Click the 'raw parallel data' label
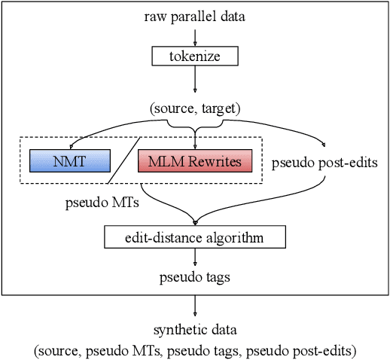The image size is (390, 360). click(x=195, y=17)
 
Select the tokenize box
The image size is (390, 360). click(x=195, y=56)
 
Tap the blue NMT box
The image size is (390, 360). click(x=69, y=160)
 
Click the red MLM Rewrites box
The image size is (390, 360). click(x=195, y=160)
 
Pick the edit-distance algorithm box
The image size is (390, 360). click(x=195, y=239)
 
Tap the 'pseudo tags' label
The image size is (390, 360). click(x=195, y=276)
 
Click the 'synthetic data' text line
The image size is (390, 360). click(x=195, y=330)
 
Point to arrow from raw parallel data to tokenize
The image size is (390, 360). click(x=195, y=36)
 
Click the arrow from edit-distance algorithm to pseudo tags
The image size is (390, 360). click(x=195, y=258)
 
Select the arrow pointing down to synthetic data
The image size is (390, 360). click(x=195, y=305)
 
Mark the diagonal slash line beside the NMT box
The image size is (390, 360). click(x=124, y=160)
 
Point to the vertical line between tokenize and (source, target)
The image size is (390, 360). click(x=195, y=81)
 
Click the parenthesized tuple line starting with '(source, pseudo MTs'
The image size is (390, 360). click(x=195, y=349)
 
